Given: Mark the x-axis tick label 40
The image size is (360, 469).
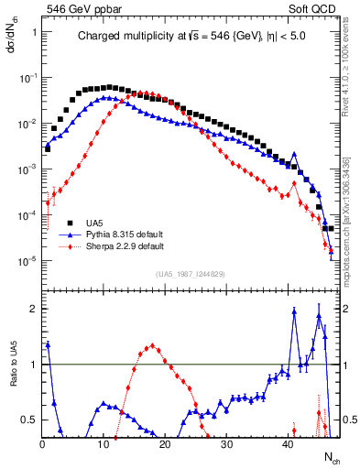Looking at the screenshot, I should pos(288,445).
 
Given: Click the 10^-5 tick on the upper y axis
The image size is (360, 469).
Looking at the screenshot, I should pos(27,261).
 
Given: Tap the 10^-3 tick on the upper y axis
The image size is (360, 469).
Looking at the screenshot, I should pos(27,169).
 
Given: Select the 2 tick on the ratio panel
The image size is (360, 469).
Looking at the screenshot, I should pos(34,309).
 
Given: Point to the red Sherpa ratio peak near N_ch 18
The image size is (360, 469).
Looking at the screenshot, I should pos(152,346).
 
